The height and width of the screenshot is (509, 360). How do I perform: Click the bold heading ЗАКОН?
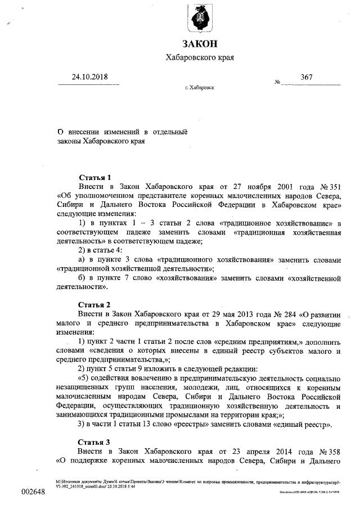(x=199, y=44)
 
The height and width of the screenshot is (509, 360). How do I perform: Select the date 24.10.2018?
(x=89, y=77)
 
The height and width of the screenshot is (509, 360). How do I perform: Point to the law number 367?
(x=307, y=77)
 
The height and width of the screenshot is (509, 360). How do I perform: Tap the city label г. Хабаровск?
(x=199, y=88)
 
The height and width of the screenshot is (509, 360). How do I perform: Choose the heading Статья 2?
(x=94, y=304)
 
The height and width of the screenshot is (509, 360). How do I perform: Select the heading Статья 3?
(x=94, y=442)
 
